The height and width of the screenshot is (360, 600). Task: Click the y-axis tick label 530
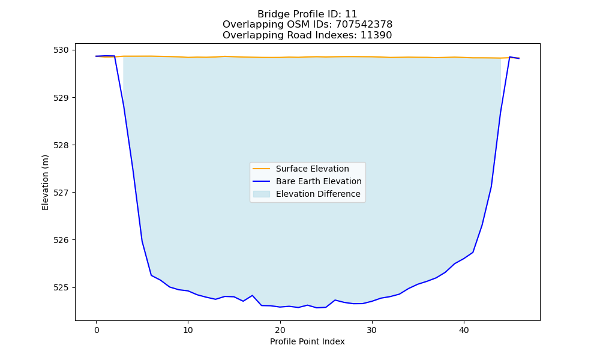tap(61, 50)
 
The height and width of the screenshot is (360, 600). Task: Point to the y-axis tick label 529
tap(61, 98)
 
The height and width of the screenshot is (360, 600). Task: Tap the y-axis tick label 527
tap(61, 193)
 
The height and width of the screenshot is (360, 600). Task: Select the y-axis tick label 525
tap(61, 287)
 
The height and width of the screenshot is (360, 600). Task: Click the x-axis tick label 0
tap(96, 330)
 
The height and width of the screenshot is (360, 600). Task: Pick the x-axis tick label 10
tap(188, 330)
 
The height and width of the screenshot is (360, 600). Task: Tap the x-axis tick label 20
tap(280, 330)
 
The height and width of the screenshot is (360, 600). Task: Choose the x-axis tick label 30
tap(372, 330)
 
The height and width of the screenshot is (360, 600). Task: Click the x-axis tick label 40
tap(464, 330)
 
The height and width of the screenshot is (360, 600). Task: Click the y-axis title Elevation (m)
tap(45, 182)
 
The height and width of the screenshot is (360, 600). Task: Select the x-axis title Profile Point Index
tap(307, 341)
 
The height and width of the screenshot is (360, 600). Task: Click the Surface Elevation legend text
tap(312, 169)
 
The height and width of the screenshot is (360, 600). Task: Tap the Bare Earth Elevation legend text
tap(319, 181)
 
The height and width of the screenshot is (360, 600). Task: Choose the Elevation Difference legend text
tap(318, 194)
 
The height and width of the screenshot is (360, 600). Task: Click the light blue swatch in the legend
tap(262, 194)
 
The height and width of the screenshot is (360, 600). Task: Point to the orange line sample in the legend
tap(262, 169)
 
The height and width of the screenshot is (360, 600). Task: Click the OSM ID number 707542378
tap(364, 25)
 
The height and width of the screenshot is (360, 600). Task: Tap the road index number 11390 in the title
tap(376, 35)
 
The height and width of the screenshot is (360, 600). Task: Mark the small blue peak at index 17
tap(252, 295)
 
